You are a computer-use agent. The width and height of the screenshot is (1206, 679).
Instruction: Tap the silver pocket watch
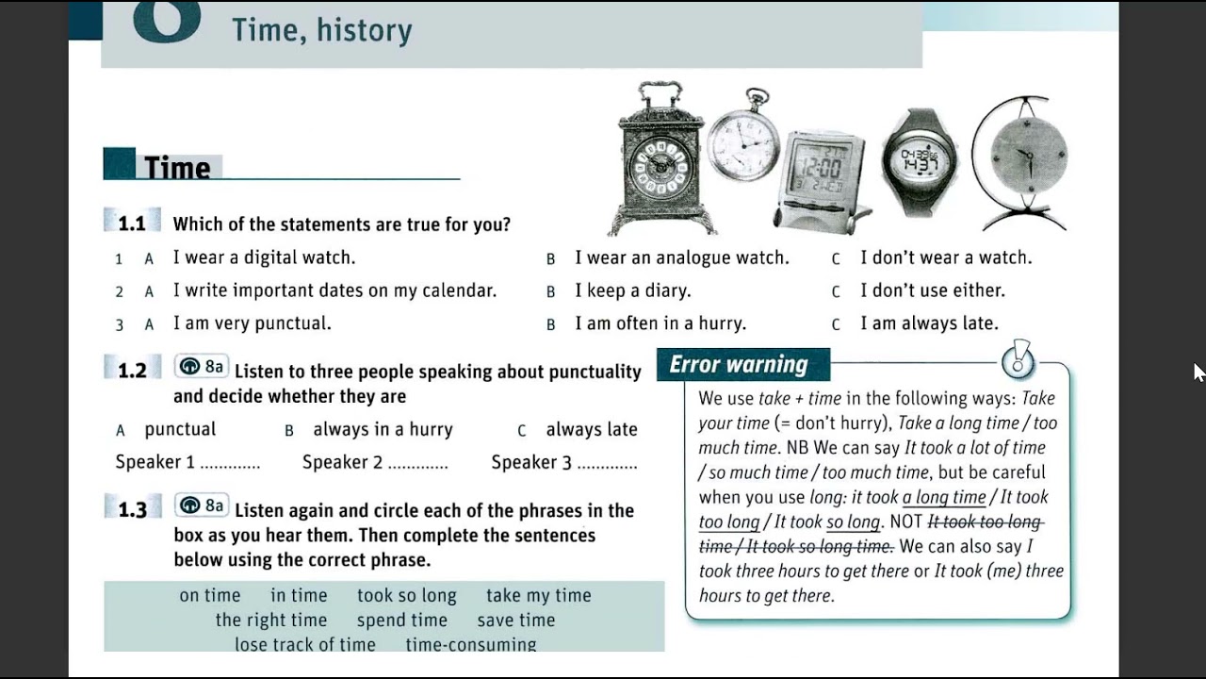tap(744, 141)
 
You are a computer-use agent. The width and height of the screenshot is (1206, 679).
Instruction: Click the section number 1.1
tap(132, 224)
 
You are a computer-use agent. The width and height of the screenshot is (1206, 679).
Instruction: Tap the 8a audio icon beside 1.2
tap(202, 367)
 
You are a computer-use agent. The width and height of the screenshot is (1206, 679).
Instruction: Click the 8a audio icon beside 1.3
tap(202, 506)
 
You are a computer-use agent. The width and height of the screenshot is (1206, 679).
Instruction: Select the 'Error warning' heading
tap(739, 365)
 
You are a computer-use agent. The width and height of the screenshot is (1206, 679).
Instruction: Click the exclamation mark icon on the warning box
tap(1019, 360)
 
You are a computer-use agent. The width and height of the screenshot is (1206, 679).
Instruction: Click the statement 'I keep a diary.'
tap(632, 290)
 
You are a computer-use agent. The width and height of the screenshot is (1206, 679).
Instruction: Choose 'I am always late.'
tap(928, 323)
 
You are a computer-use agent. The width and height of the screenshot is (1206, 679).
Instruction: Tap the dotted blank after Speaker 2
tap(417, 464)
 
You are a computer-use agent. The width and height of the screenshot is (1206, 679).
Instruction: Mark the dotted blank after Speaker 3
tap(607, 464)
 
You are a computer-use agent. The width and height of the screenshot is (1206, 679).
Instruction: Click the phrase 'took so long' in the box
tap(406, 596)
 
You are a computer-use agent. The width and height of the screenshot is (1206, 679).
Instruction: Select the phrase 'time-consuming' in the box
tap(470, 645)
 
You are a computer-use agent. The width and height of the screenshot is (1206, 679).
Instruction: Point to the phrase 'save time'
tap(515, 621)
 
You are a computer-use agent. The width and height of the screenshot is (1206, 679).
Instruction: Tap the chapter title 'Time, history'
tap(322, 30)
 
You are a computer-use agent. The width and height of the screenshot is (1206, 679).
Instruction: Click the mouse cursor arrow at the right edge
tap(1198, 372)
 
